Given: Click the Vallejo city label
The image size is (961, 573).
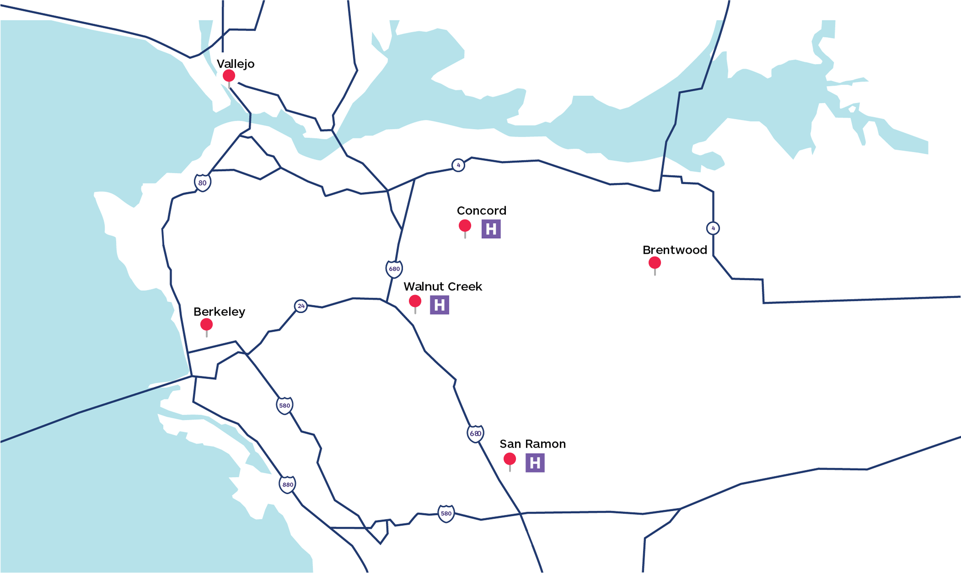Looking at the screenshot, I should (x=235, y=64).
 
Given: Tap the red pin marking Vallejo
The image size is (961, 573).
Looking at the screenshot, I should (x=229, y=76).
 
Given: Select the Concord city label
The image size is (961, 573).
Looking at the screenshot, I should (x=481, y=211).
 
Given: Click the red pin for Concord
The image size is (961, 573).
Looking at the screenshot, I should (x=465, y=226).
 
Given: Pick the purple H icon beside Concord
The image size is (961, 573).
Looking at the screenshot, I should (x=491, y=229).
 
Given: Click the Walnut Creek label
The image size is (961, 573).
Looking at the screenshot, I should (x=442, y=287).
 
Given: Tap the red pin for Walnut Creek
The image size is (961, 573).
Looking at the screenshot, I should (x=415, y=301).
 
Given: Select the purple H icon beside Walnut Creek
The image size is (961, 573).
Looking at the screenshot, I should (x=439, y=305).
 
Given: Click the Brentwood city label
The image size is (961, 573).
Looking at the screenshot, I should (x=675, y=250).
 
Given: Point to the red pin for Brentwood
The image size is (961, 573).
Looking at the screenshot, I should (x=655, y=263).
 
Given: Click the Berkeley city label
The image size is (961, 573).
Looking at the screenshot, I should (x=219, y=312).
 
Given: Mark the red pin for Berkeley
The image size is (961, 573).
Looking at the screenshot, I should (x=206, y=325).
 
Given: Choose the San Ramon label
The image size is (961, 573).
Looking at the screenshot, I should (x=532, y=444).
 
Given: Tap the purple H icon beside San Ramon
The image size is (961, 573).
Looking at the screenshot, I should (x=535, y=463).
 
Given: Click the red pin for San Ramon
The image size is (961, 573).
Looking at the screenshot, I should (x=510, y=459).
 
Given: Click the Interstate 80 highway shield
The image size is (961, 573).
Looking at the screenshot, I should (x=202, y=182).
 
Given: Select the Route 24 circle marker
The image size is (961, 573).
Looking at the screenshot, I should (x=301, y=306).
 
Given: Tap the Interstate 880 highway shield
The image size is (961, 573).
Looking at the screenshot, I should (x=287, y=484).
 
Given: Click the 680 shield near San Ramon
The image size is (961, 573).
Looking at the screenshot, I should (x=475, y=433).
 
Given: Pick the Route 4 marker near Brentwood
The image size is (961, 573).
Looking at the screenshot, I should (x=713, y=228).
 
